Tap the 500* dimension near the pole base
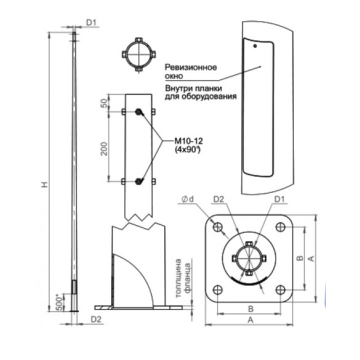[59, 303]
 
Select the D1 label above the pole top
[91, 22]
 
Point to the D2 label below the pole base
[96, 319]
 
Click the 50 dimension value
[104, 103]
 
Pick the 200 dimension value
[104, 149]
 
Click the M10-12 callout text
[188, 140]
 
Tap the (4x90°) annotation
[188, 149]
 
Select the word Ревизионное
[191, 67]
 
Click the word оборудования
[209, 96]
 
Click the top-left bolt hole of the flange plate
[217, 227]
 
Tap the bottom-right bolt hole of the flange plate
[280, 289]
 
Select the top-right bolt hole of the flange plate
[280, 227]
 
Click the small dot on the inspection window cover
[255, 46]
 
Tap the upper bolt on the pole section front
[138, 112]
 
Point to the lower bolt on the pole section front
[138, 181]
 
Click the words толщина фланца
[183, 278]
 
